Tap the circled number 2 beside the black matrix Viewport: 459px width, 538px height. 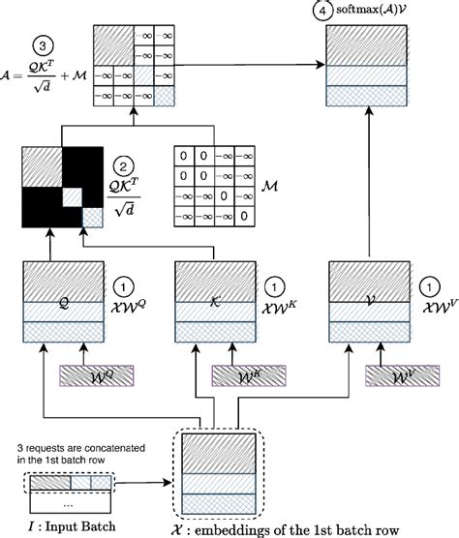tap(123, 164)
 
